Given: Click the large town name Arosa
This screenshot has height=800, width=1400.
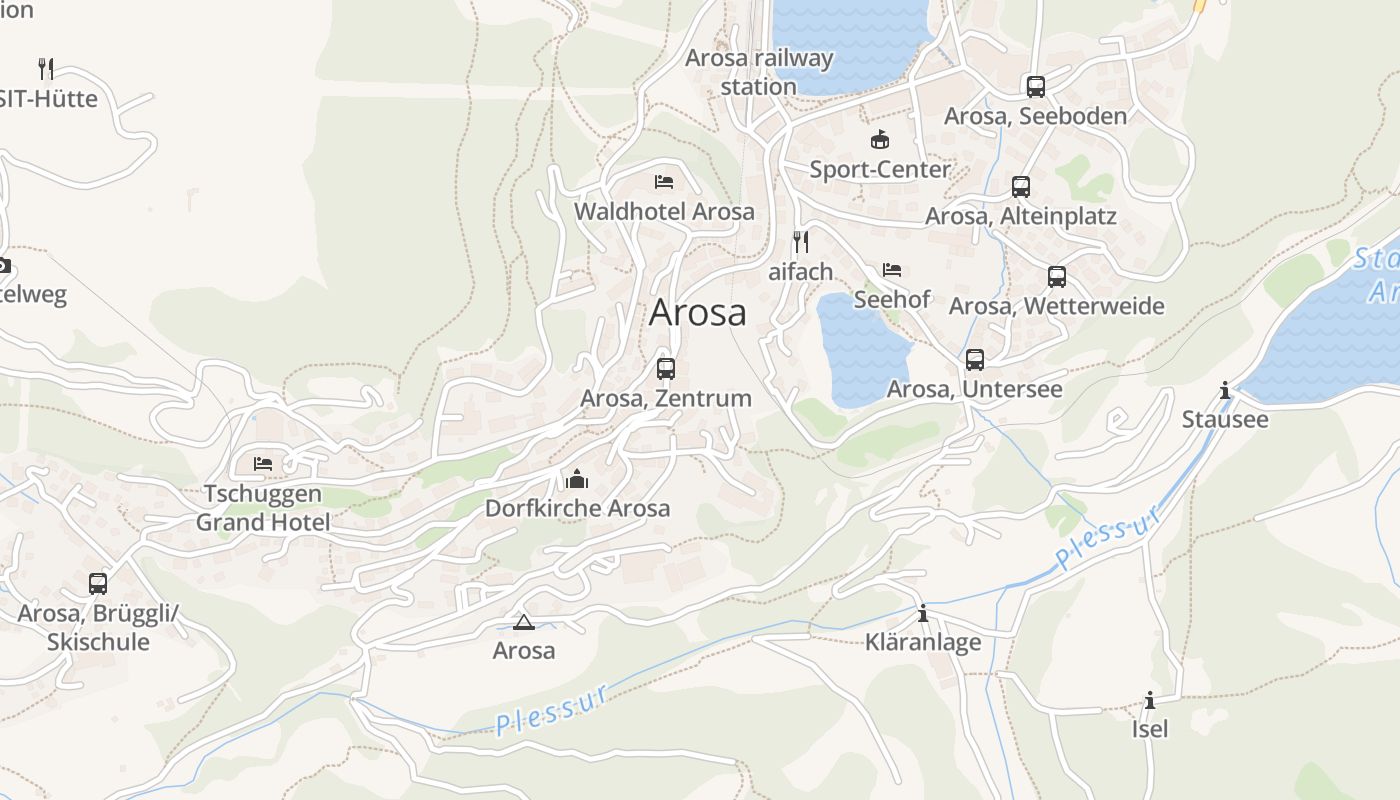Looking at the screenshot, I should (x=697, y=313).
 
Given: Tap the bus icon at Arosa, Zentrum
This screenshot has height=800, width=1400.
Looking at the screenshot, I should (x=666, y=369).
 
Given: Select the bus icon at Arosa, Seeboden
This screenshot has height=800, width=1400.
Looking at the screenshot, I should (x=1035, y=87).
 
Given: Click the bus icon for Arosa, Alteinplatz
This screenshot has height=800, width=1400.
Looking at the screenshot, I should (x=1020, y=187).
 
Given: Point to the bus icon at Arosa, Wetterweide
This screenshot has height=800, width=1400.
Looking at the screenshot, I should (x=1056, y=277).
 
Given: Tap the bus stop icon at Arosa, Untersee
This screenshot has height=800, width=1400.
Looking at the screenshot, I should (x=975, y=360).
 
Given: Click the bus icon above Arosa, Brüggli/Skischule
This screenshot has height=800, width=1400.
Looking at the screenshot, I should (x=97, y=584).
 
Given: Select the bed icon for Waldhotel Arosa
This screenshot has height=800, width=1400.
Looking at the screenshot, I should (x=663, y=182).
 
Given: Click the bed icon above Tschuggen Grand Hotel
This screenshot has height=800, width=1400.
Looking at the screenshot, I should (x=263, y=464).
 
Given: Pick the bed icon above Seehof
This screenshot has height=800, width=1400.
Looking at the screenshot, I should (x=892, y=270).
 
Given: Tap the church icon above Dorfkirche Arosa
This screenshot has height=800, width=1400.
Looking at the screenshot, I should (x=577, y=480).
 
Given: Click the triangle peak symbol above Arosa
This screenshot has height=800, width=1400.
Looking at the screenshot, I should (x=523, y=623).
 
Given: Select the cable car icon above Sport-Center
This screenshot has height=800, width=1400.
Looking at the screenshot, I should (x=880, y=140).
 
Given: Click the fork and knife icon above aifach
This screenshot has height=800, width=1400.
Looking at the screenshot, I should (x=800, y=242).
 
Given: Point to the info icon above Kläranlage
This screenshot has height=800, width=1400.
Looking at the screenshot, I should (x=923, y=613).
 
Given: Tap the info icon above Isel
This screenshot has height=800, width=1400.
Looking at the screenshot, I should (x=1150, y=700).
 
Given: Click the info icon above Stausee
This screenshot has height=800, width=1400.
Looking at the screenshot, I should (x=1225, y=390).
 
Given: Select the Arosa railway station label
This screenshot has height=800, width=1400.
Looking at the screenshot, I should (x=758, y=72).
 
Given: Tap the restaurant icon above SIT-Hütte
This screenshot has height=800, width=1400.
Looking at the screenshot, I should (x=45, y=69).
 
